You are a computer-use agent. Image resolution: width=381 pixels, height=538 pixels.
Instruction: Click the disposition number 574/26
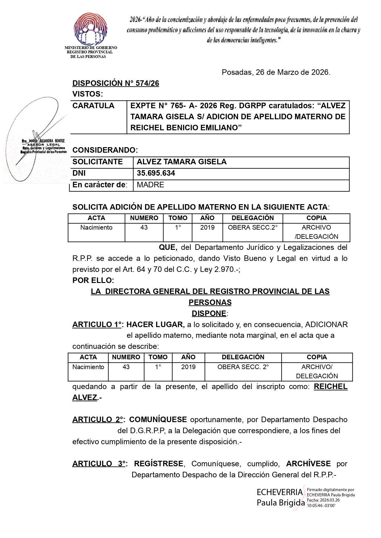pos(116,83)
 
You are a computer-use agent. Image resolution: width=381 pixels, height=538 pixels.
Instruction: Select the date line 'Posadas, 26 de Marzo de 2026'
pos(276,73)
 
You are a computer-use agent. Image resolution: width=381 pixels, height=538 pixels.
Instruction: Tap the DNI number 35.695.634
pos(156,173)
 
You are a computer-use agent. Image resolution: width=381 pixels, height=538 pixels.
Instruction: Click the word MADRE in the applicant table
pos(150,185)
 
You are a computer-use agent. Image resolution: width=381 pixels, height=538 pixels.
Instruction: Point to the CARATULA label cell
pos(93,106)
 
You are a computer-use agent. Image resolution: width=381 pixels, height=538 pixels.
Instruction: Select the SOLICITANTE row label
pos(98,162)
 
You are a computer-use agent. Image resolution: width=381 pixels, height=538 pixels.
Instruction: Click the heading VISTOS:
pos(88,94)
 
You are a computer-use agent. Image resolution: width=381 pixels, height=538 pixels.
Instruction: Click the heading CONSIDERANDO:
pos(105,150)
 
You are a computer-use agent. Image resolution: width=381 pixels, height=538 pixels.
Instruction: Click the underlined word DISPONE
pos(209,314)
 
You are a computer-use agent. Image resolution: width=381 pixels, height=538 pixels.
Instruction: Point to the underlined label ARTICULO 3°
pos(98,464)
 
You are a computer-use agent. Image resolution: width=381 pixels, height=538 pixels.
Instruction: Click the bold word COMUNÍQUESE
pos(158,420)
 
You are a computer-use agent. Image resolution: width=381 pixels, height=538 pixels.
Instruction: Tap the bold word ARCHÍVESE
pos(308,464)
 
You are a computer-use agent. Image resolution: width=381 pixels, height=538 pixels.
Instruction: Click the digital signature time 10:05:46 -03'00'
pos(321,506)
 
